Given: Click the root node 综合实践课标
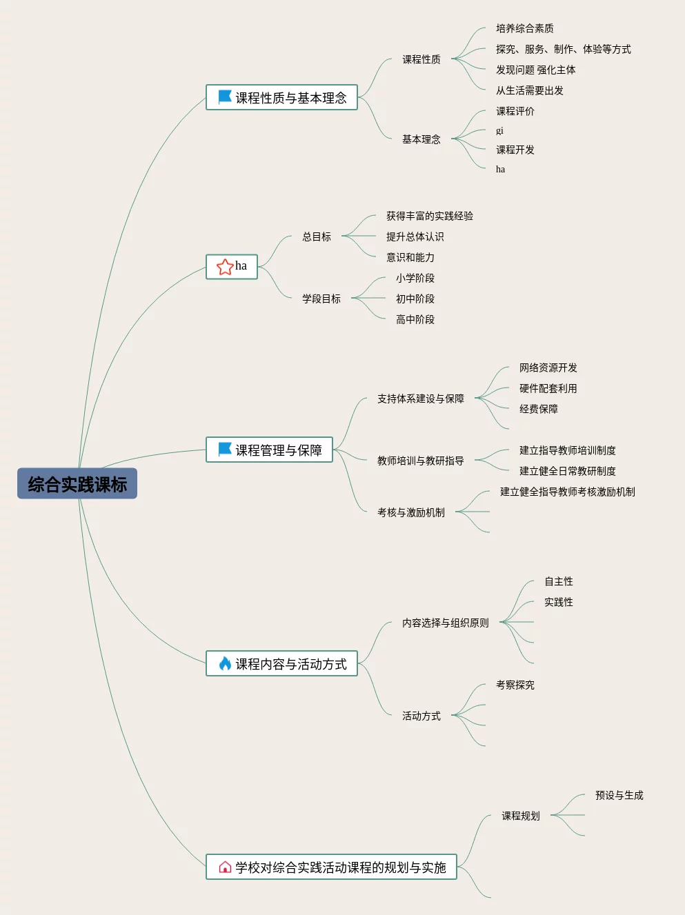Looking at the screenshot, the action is [77, 484].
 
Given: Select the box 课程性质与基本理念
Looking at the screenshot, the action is [281, 98].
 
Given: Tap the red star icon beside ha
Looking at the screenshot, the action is [225, 267].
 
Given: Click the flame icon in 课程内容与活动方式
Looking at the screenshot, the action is [225, 663].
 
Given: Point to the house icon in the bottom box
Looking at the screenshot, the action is [225, 867].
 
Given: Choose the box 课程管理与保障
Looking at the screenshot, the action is [269, 450].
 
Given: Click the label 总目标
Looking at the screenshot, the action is [317, 237].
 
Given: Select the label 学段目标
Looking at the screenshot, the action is [321, 299].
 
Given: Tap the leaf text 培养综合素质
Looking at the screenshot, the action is [524, 28].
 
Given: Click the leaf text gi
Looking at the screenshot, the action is [499, 130].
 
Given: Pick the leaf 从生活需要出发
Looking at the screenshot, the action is [529, 90].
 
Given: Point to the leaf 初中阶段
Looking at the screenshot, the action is [415, 299].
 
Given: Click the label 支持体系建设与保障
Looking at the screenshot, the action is [420, 399].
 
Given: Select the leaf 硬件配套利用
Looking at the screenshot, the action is [548, 388].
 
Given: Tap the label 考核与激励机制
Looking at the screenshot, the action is [410, 512].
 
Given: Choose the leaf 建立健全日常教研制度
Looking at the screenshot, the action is [567, 471].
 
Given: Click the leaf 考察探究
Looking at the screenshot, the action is [515, 685].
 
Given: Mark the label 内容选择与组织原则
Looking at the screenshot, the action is [445, 623].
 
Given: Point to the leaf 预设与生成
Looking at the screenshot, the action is [619, 795].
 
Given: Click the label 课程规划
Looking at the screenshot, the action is [520, 816].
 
